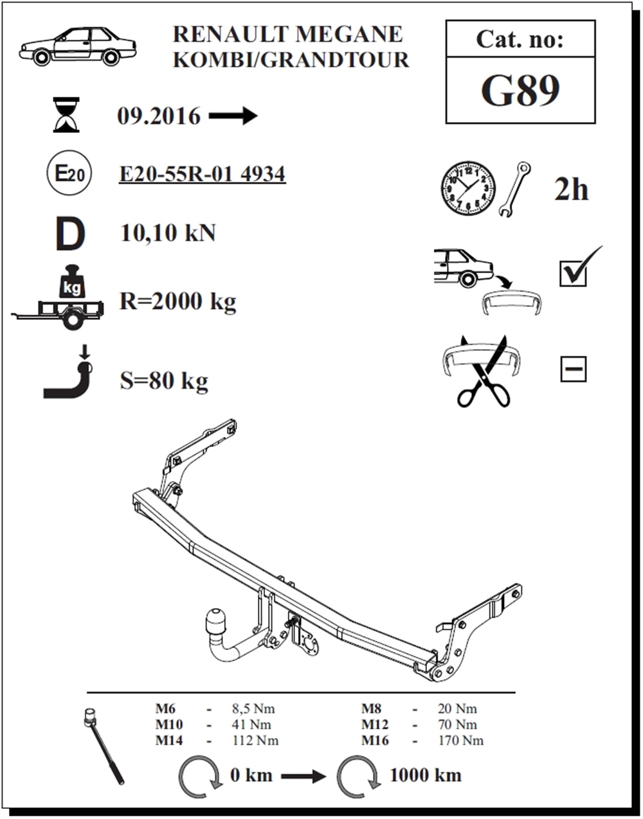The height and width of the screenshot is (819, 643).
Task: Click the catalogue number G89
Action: click(520, 91)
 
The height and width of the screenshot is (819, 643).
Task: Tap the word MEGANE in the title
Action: click(349, 34)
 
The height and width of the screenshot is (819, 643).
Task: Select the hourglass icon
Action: click(66, 114)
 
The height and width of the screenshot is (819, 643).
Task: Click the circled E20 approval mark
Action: click(69, 173)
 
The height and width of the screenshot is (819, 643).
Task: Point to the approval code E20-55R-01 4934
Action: click(202, 174)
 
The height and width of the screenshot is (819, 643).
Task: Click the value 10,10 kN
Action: click(168, 233)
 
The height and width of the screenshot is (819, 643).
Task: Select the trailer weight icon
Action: click(58, 298)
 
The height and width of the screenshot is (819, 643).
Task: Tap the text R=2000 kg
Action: click(178, 301)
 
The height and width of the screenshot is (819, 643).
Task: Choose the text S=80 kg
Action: click(164, 381)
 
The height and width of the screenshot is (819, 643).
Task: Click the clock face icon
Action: click(468, 188)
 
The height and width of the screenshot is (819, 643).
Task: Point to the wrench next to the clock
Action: click(515, 189)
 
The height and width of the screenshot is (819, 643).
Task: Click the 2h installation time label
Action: click(572, 189)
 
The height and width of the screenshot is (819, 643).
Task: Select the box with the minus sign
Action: click(573, 369)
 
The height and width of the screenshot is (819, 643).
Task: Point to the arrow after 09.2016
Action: click(233, 116)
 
